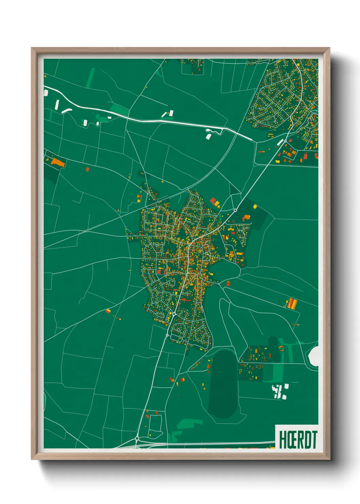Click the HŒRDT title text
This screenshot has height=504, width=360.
point(298,440)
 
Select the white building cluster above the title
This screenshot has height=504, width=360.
point(280,391)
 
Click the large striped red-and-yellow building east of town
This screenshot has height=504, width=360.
point(292,303)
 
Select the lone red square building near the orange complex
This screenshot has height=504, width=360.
point(87,169)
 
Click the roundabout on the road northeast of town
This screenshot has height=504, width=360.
point(235,210)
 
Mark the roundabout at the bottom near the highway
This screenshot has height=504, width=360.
point(137,438)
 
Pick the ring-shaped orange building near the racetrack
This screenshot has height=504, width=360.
point(281,348)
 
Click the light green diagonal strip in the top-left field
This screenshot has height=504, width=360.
point(90,78)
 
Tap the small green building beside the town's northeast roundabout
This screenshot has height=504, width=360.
point(221,217)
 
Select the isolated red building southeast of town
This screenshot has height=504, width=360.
point(228,283)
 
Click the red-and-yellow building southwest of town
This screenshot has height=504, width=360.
point(108,311)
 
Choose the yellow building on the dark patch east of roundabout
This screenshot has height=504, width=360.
point(255,206)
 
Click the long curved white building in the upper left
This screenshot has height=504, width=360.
point(66,110)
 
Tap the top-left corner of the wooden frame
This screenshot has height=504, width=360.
point(32,48)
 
